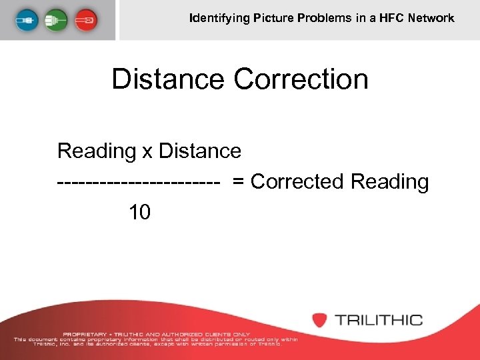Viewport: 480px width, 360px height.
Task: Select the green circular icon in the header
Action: point(57,19)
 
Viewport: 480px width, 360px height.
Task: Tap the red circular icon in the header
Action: point(86,19)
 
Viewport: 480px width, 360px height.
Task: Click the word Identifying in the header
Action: point(219,18)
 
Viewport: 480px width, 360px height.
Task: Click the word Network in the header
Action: point(432,18)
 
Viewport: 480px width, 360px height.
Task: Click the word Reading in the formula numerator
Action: point(97,151)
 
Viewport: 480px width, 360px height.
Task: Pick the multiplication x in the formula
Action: point(147,151)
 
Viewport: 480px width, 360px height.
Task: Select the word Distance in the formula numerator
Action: point(199,151)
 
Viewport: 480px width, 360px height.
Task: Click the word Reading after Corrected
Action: point(390,181)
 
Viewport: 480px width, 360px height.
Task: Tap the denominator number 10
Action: point(140,213)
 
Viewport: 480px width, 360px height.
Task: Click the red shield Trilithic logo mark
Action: point(321,319)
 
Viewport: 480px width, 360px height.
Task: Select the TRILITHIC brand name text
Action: point(378,320)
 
